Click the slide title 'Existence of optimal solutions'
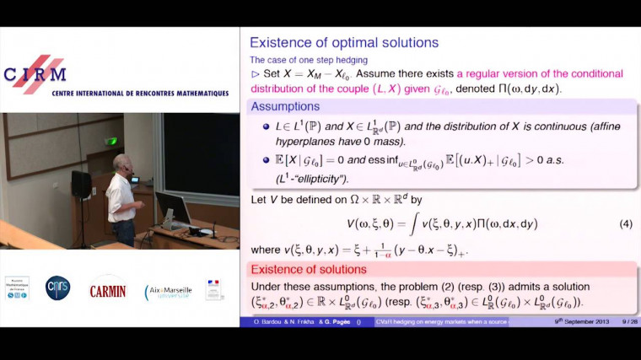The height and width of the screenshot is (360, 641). click(344, 42)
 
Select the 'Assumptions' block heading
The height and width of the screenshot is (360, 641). click(285, 107)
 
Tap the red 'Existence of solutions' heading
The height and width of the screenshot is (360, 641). click(308, 270)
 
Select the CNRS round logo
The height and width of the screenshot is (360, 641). click(57, 287)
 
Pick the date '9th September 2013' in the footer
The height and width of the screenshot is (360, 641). click(582, 322)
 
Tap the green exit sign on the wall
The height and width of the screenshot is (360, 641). click(111, 141)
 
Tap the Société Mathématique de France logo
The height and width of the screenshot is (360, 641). click(17, 288)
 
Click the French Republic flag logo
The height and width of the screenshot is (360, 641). click(214, 289)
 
